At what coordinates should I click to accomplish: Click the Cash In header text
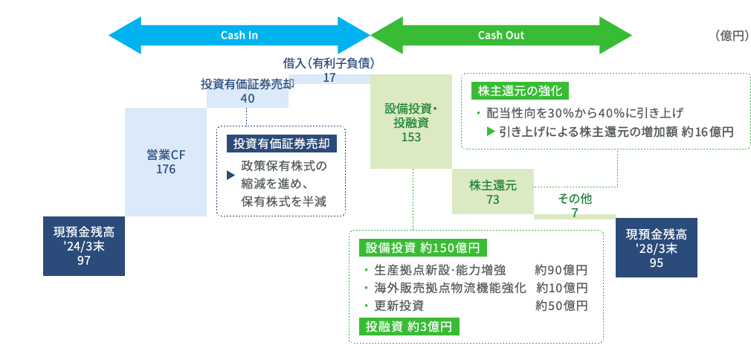(x=239, y=36)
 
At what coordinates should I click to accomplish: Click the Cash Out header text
(x=501, y=36)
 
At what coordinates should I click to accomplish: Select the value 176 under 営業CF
(x=166, y=170)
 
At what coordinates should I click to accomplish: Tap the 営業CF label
(x=166, y=155)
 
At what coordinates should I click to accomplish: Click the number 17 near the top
(x=330, y=77)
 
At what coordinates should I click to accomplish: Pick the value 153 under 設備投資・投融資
(x=410, y=137)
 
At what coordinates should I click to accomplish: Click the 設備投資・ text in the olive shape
(x=411, y=109)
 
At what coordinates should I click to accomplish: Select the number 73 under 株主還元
(x=492, y=199)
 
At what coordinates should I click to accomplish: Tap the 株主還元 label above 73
(x=492, y=185)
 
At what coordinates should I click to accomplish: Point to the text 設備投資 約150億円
(x=422, y=247)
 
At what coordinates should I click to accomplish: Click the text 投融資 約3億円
(x=409, y=327)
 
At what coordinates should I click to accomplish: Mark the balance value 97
(x=83, y=260)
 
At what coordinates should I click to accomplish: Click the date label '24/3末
(x=83, y=246)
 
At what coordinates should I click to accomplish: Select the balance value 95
(x=656, y=263)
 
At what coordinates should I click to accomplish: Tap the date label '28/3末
(x=656, y=248)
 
